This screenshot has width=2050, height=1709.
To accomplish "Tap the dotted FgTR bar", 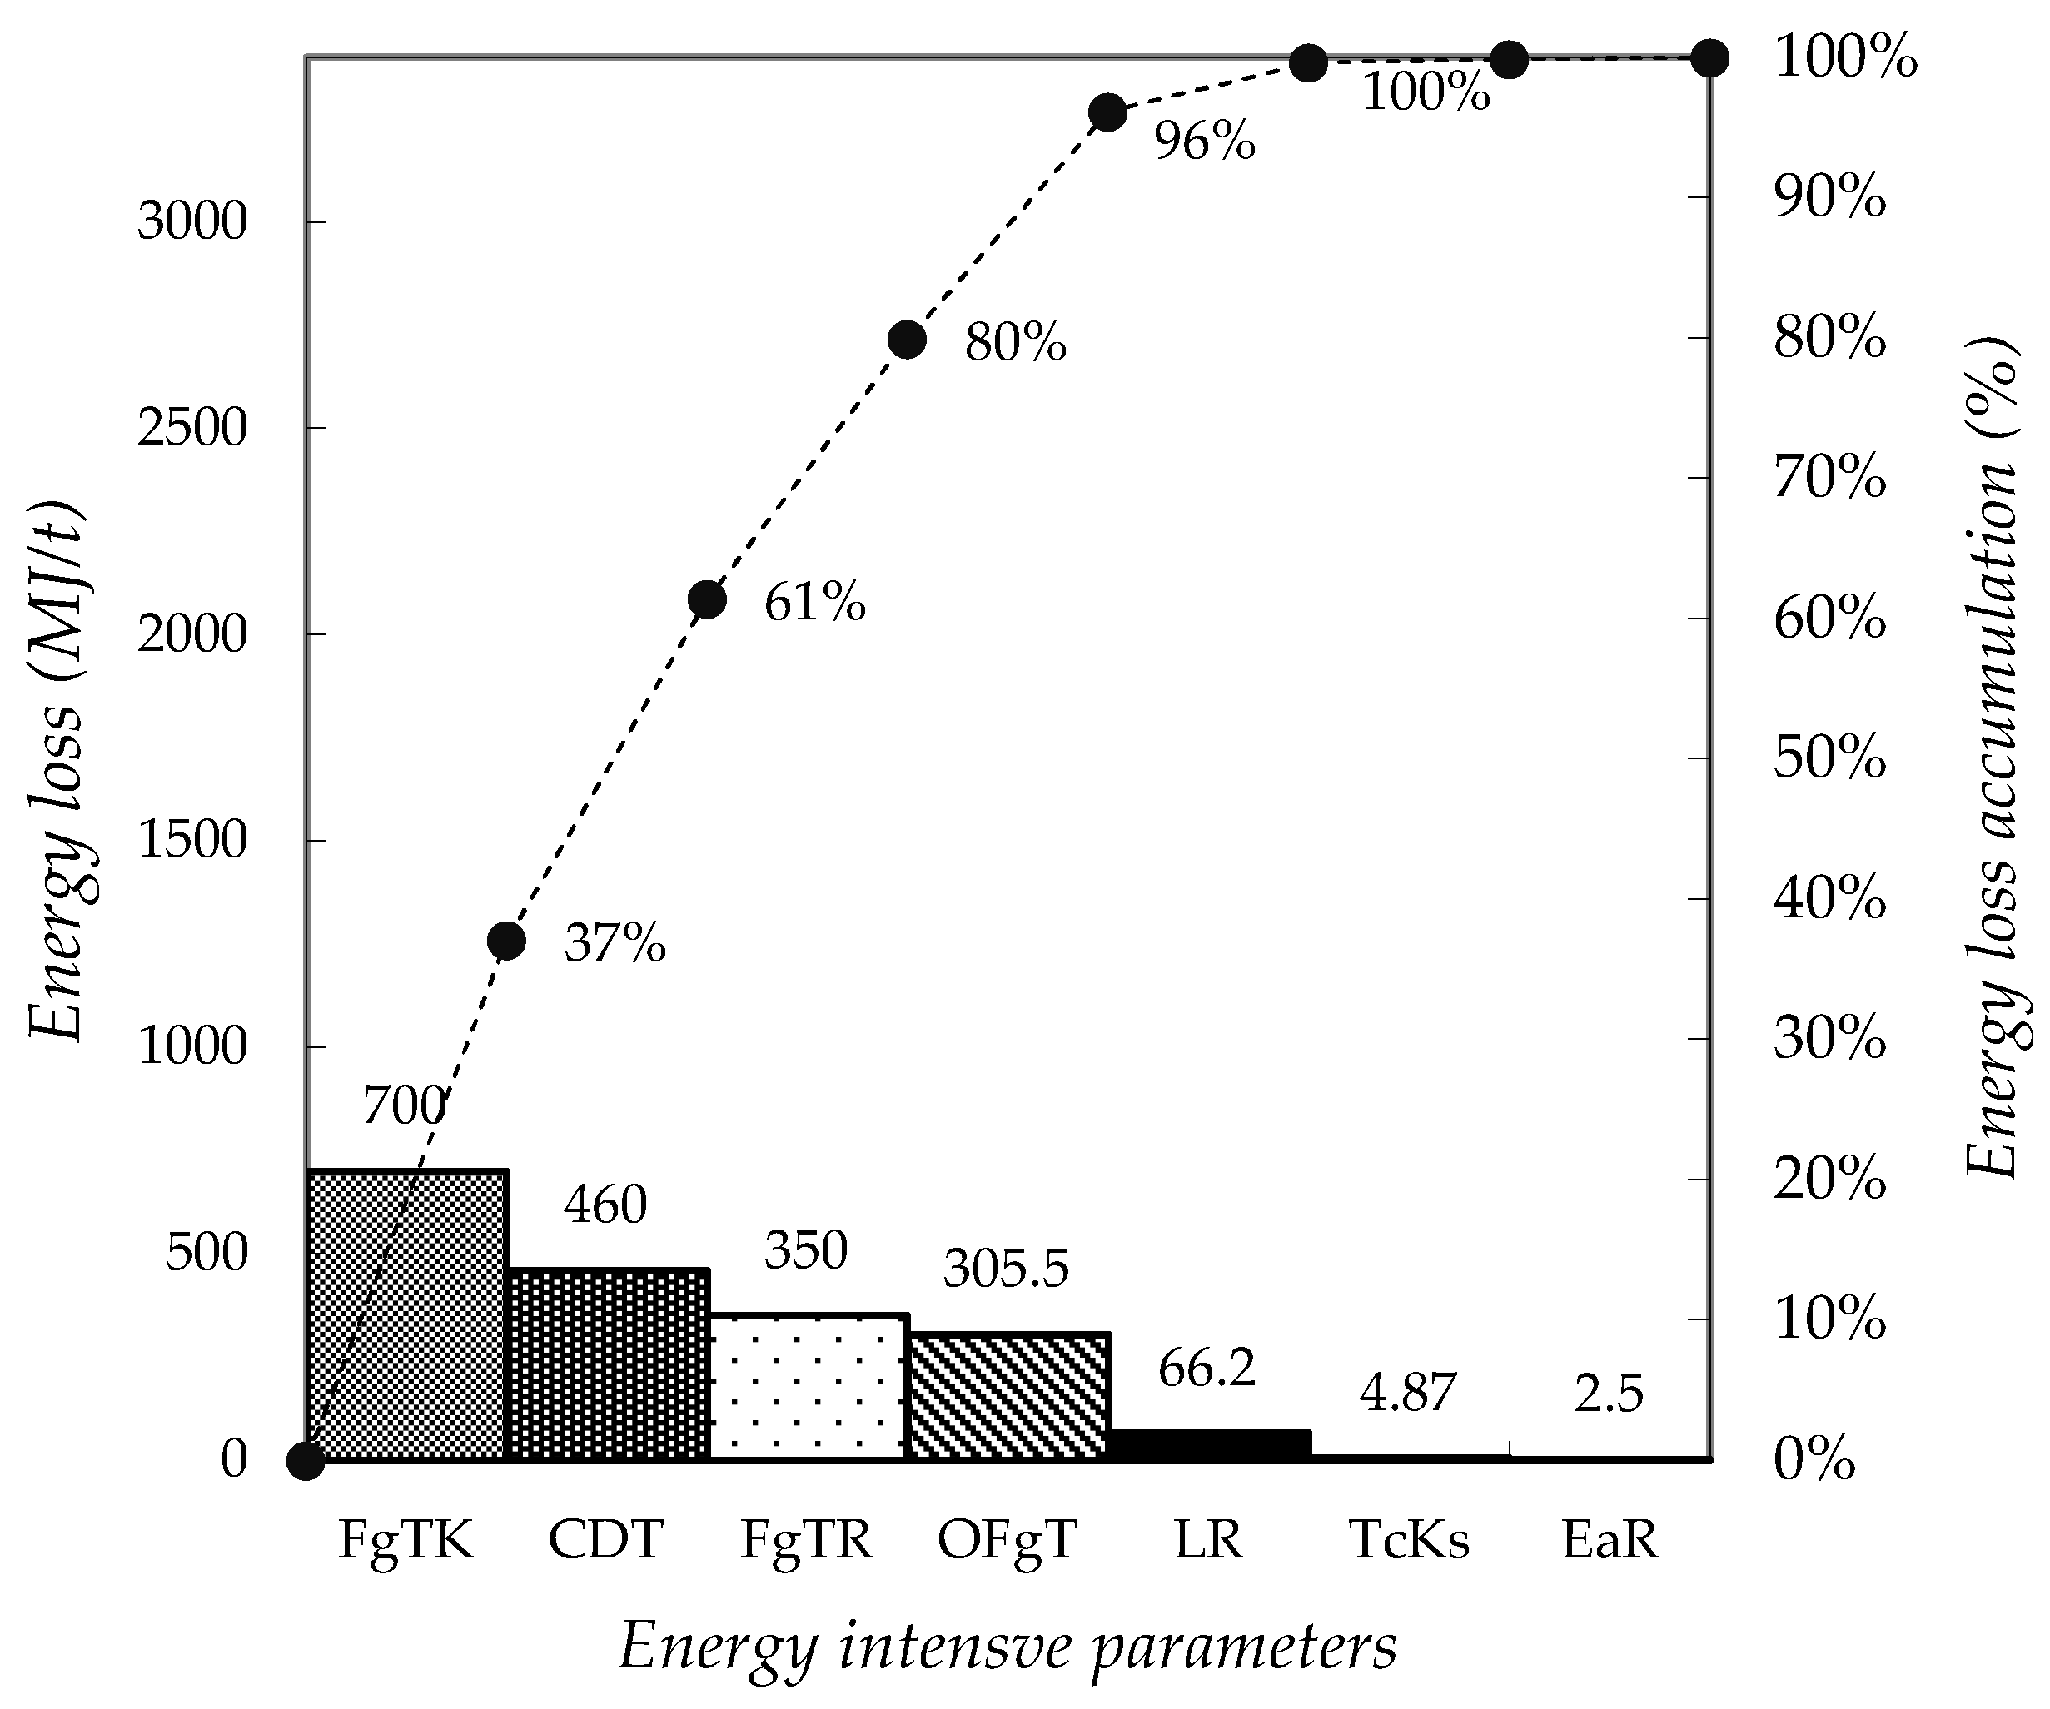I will coord(809,1387).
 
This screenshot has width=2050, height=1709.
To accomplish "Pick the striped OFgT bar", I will coord(1009,1397).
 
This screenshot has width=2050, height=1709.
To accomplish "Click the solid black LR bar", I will coord(1211,1445).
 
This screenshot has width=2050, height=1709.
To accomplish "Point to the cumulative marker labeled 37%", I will coord(506,941).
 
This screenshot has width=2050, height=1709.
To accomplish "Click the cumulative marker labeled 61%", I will coord(707,599).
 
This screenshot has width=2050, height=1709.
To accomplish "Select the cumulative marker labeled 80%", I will coord(907,340).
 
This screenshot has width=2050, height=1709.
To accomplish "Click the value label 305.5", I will coord(1007,1269).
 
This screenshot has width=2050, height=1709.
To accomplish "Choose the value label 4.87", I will coord(1408,1393).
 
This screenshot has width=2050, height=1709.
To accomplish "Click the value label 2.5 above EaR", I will coord(1609,1393).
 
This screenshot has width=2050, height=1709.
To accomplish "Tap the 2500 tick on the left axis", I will coord(193,429).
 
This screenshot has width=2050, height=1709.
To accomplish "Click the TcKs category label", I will coord(1409,1540).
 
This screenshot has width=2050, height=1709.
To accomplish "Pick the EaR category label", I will coord(1610,1540).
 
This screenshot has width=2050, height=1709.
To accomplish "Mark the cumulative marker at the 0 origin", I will coord(306,1461).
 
